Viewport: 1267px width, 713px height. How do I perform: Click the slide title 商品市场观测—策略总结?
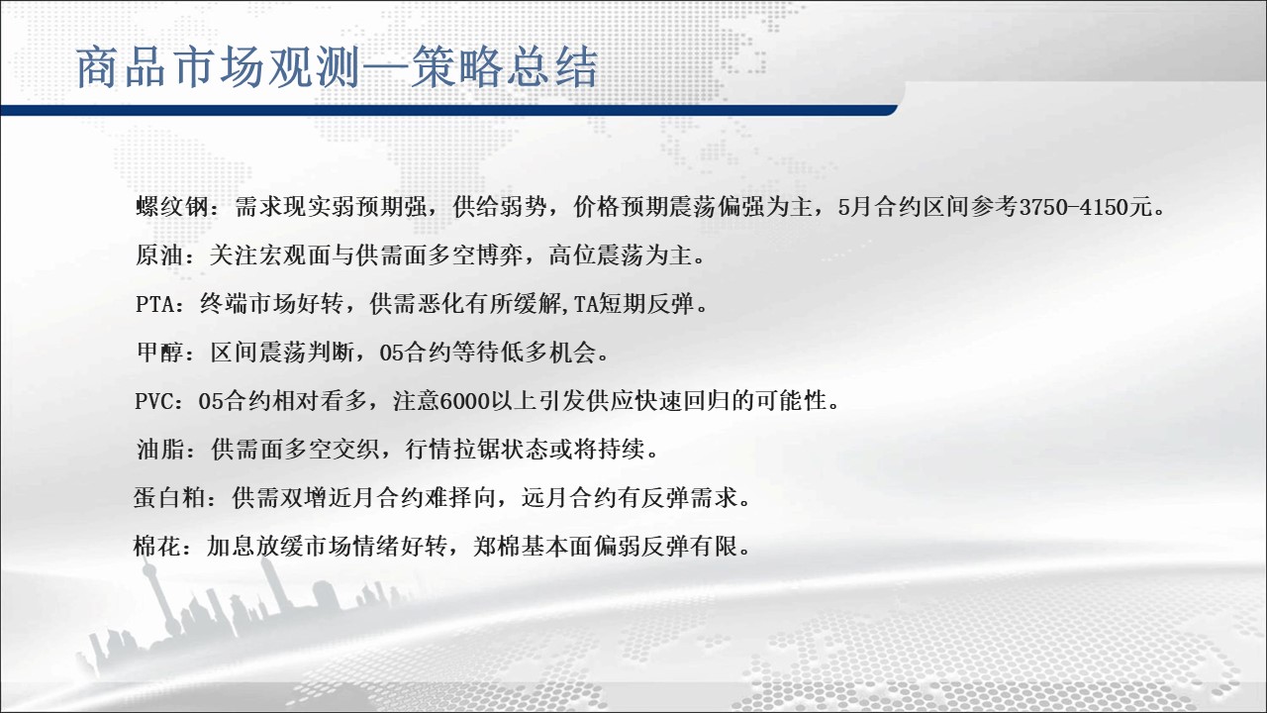337,68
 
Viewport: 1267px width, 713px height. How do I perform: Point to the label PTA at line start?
154,304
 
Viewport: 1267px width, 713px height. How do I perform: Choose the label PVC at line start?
153,402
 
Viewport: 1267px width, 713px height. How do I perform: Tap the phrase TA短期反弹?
634,304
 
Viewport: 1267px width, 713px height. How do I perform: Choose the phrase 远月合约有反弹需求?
630,498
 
